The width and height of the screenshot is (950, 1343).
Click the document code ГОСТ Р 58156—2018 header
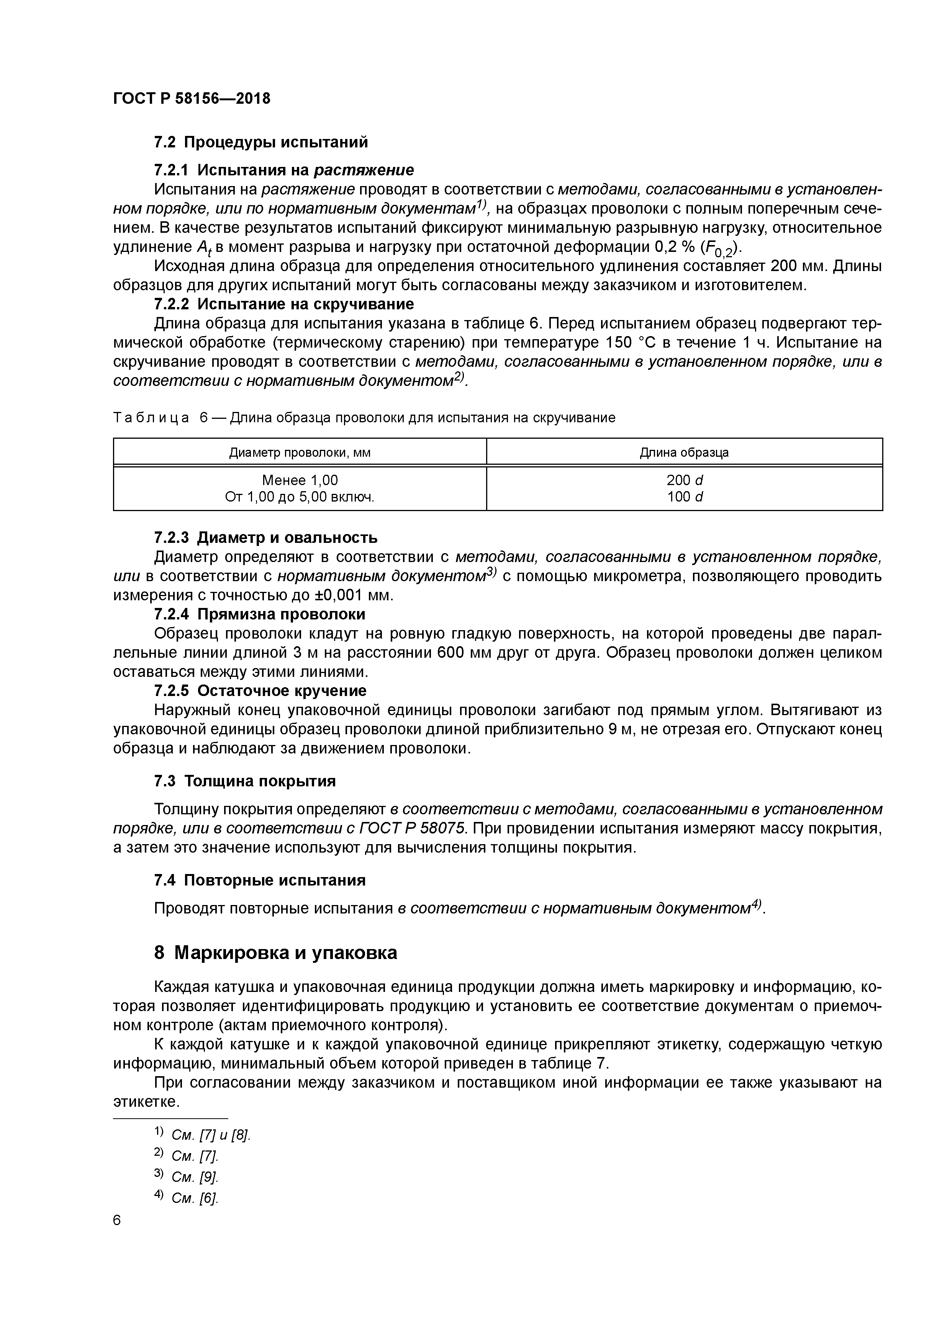[192, 98]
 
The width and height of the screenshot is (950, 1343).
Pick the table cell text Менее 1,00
[300, 480]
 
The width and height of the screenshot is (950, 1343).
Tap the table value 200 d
[684, 480]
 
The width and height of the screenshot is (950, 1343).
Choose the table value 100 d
[684, 497]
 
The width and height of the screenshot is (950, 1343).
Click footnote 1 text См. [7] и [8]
[210, 1136]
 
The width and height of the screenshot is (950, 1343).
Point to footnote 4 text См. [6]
[194, 1199]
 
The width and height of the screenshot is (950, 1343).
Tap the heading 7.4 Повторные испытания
[259, 880]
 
